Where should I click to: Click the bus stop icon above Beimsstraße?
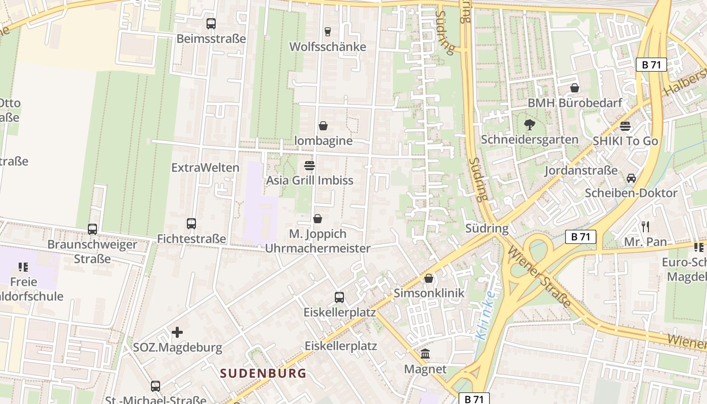coord(211,24)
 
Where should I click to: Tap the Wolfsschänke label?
coord(328,47)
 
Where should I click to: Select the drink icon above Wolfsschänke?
coord(328,32)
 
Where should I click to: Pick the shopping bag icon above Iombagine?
coord(323,126)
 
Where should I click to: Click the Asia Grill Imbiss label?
coord(310,180)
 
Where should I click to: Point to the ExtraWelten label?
coord(206,168)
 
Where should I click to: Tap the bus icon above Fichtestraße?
coord(191,224)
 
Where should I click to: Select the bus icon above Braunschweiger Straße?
coord(92,229)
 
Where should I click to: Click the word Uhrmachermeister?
coord(318,248)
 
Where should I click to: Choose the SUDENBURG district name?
coord(263,374)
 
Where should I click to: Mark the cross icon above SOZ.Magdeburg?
coord(177,332)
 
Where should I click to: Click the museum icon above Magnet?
coord(425,354)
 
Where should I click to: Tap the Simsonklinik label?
coord(429,293)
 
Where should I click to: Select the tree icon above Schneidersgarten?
coord(530,124)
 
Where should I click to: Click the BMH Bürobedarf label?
coord(575,103)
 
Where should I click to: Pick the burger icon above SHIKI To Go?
coord(625,126)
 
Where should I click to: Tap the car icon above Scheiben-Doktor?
coord(631,178)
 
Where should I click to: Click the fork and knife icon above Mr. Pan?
coord(645,226)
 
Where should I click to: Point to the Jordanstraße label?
coord(581,170)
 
